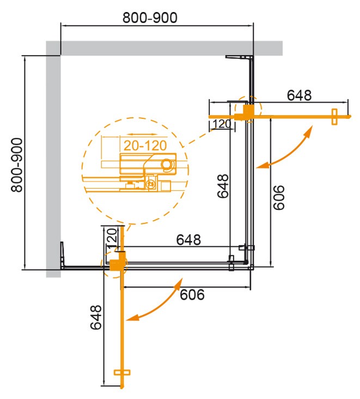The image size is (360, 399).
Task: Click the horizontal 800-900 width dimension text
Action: [x=150, y=18]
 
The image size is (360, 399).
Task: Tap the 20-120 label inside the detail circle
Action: [x=142, y=146]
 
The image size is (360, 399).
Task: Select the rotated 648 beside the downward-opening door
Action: [x=96, y=317]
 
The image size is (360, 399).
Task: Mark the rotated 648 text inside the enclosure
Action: [x=223, y=186]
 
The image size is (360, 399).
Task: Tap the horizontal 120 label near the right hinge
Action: [x=222, y=124]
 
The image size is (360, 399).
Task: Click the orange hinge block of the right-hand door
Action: [x=247, y=112]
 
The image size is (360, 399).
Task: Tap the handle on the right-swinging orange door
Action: [x=334, y=116]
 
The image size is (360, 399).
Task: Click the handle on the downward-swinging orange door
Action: [x=123, y=372]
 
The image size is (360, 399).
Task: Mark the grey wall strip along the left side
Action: [x=53, y=164]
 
